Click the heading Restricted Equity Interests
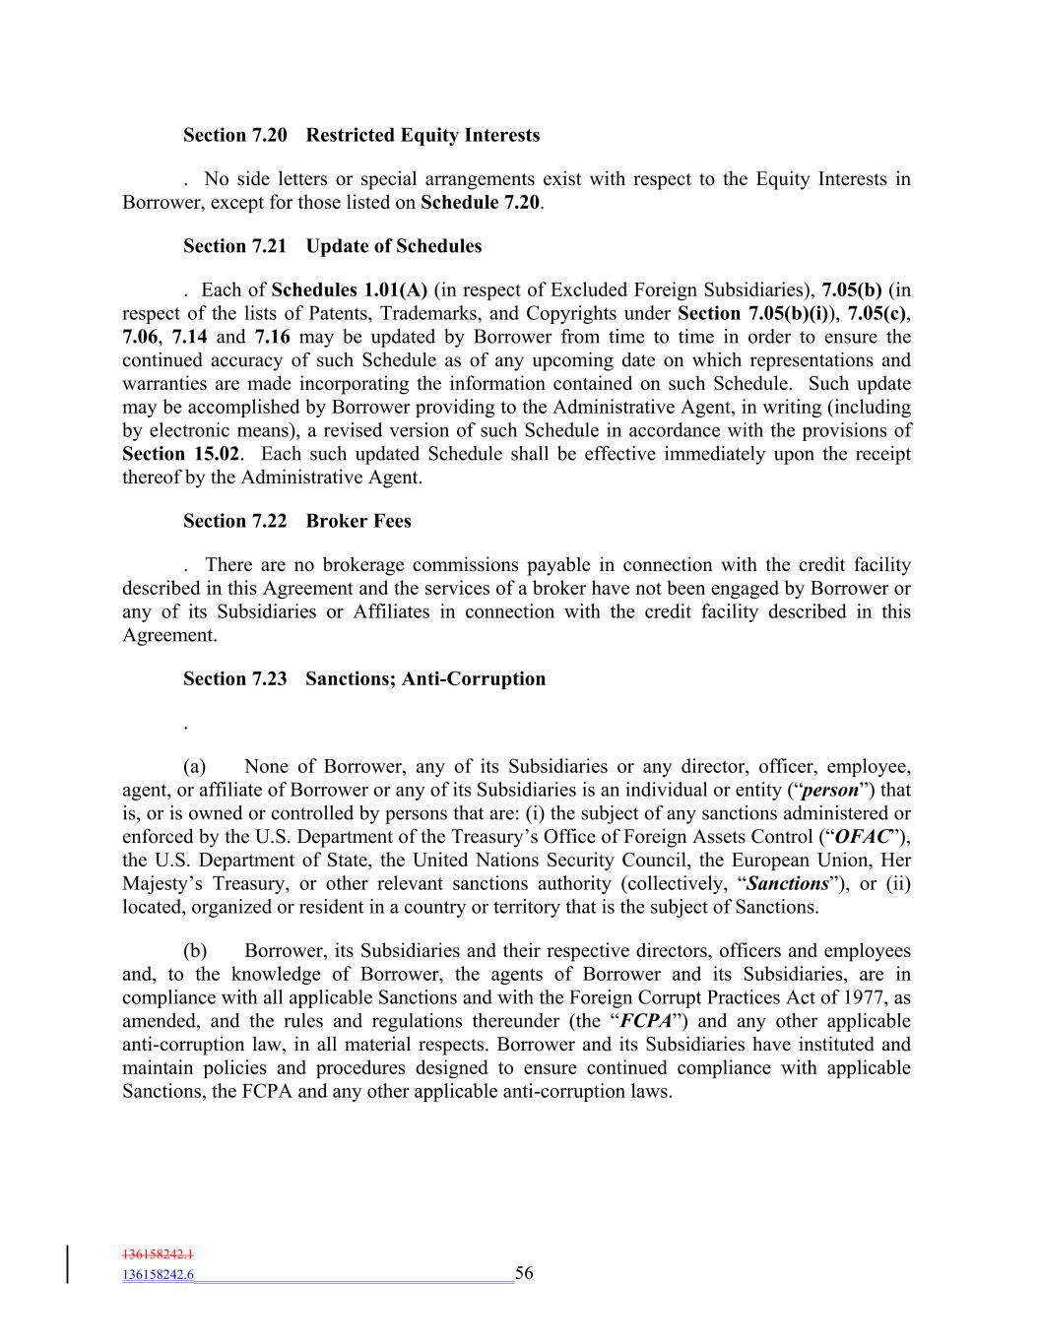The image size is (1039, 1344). [x=422, y=135]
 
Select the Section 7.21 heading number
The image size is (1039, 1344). [x=234, y=246]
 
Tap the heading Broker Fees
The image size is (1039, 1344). [x=358, y=521]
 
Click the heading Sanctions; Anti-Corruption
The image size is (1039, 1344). [x=424, y=678]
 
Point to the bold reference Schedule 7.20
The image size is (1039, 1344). [x=481, y=203]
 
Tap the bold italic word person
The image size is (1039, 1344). [x=831, y=790]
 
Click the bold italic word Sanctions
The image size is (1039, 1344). [x=788, y=884]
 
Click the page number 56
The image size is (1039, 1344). [x=524, y=1273]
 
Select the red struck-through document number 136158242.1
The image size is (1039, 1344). [x=158, y=1254]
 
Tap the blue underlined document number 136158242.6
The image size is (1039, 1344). [x=158, y=1275]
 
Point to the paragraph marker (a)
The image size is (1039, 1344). [x=194, y=766]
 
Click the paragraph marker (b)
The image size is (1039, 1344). [x=195, y=950]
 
